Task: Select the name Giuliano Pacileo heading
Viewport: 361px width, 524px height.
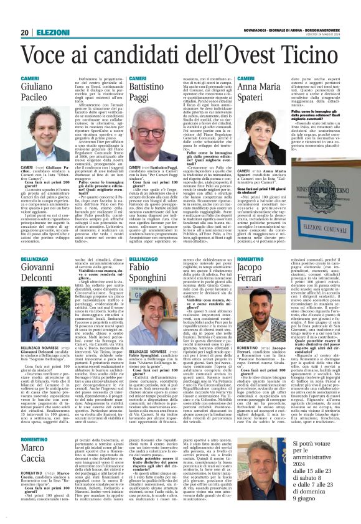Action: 38,101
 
